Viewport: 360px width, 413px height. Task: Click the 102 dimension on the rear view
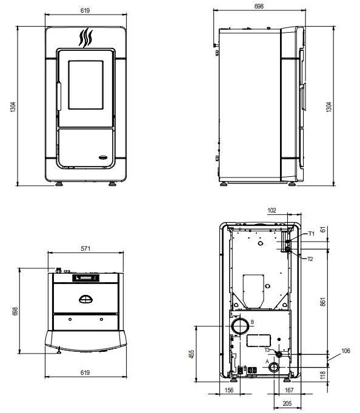[x=272, y=211]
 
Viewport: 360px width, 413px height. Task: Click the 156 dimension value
[x=229, y=391]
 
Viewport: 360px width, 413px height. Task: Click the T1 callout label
[x=310, y=234]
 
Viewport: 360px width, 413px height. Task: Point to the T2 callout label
[x=309, y=259]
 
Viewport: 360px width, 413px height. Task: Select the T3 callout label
[x=267, y=349]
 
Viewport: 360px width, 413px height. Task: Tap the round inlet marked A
[x=275, y=368]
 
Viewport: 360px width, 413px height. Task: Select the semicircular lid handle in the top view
[x=86, y=299]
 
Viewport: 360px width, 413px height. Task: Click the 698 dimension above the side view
[x=259, y=5]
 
